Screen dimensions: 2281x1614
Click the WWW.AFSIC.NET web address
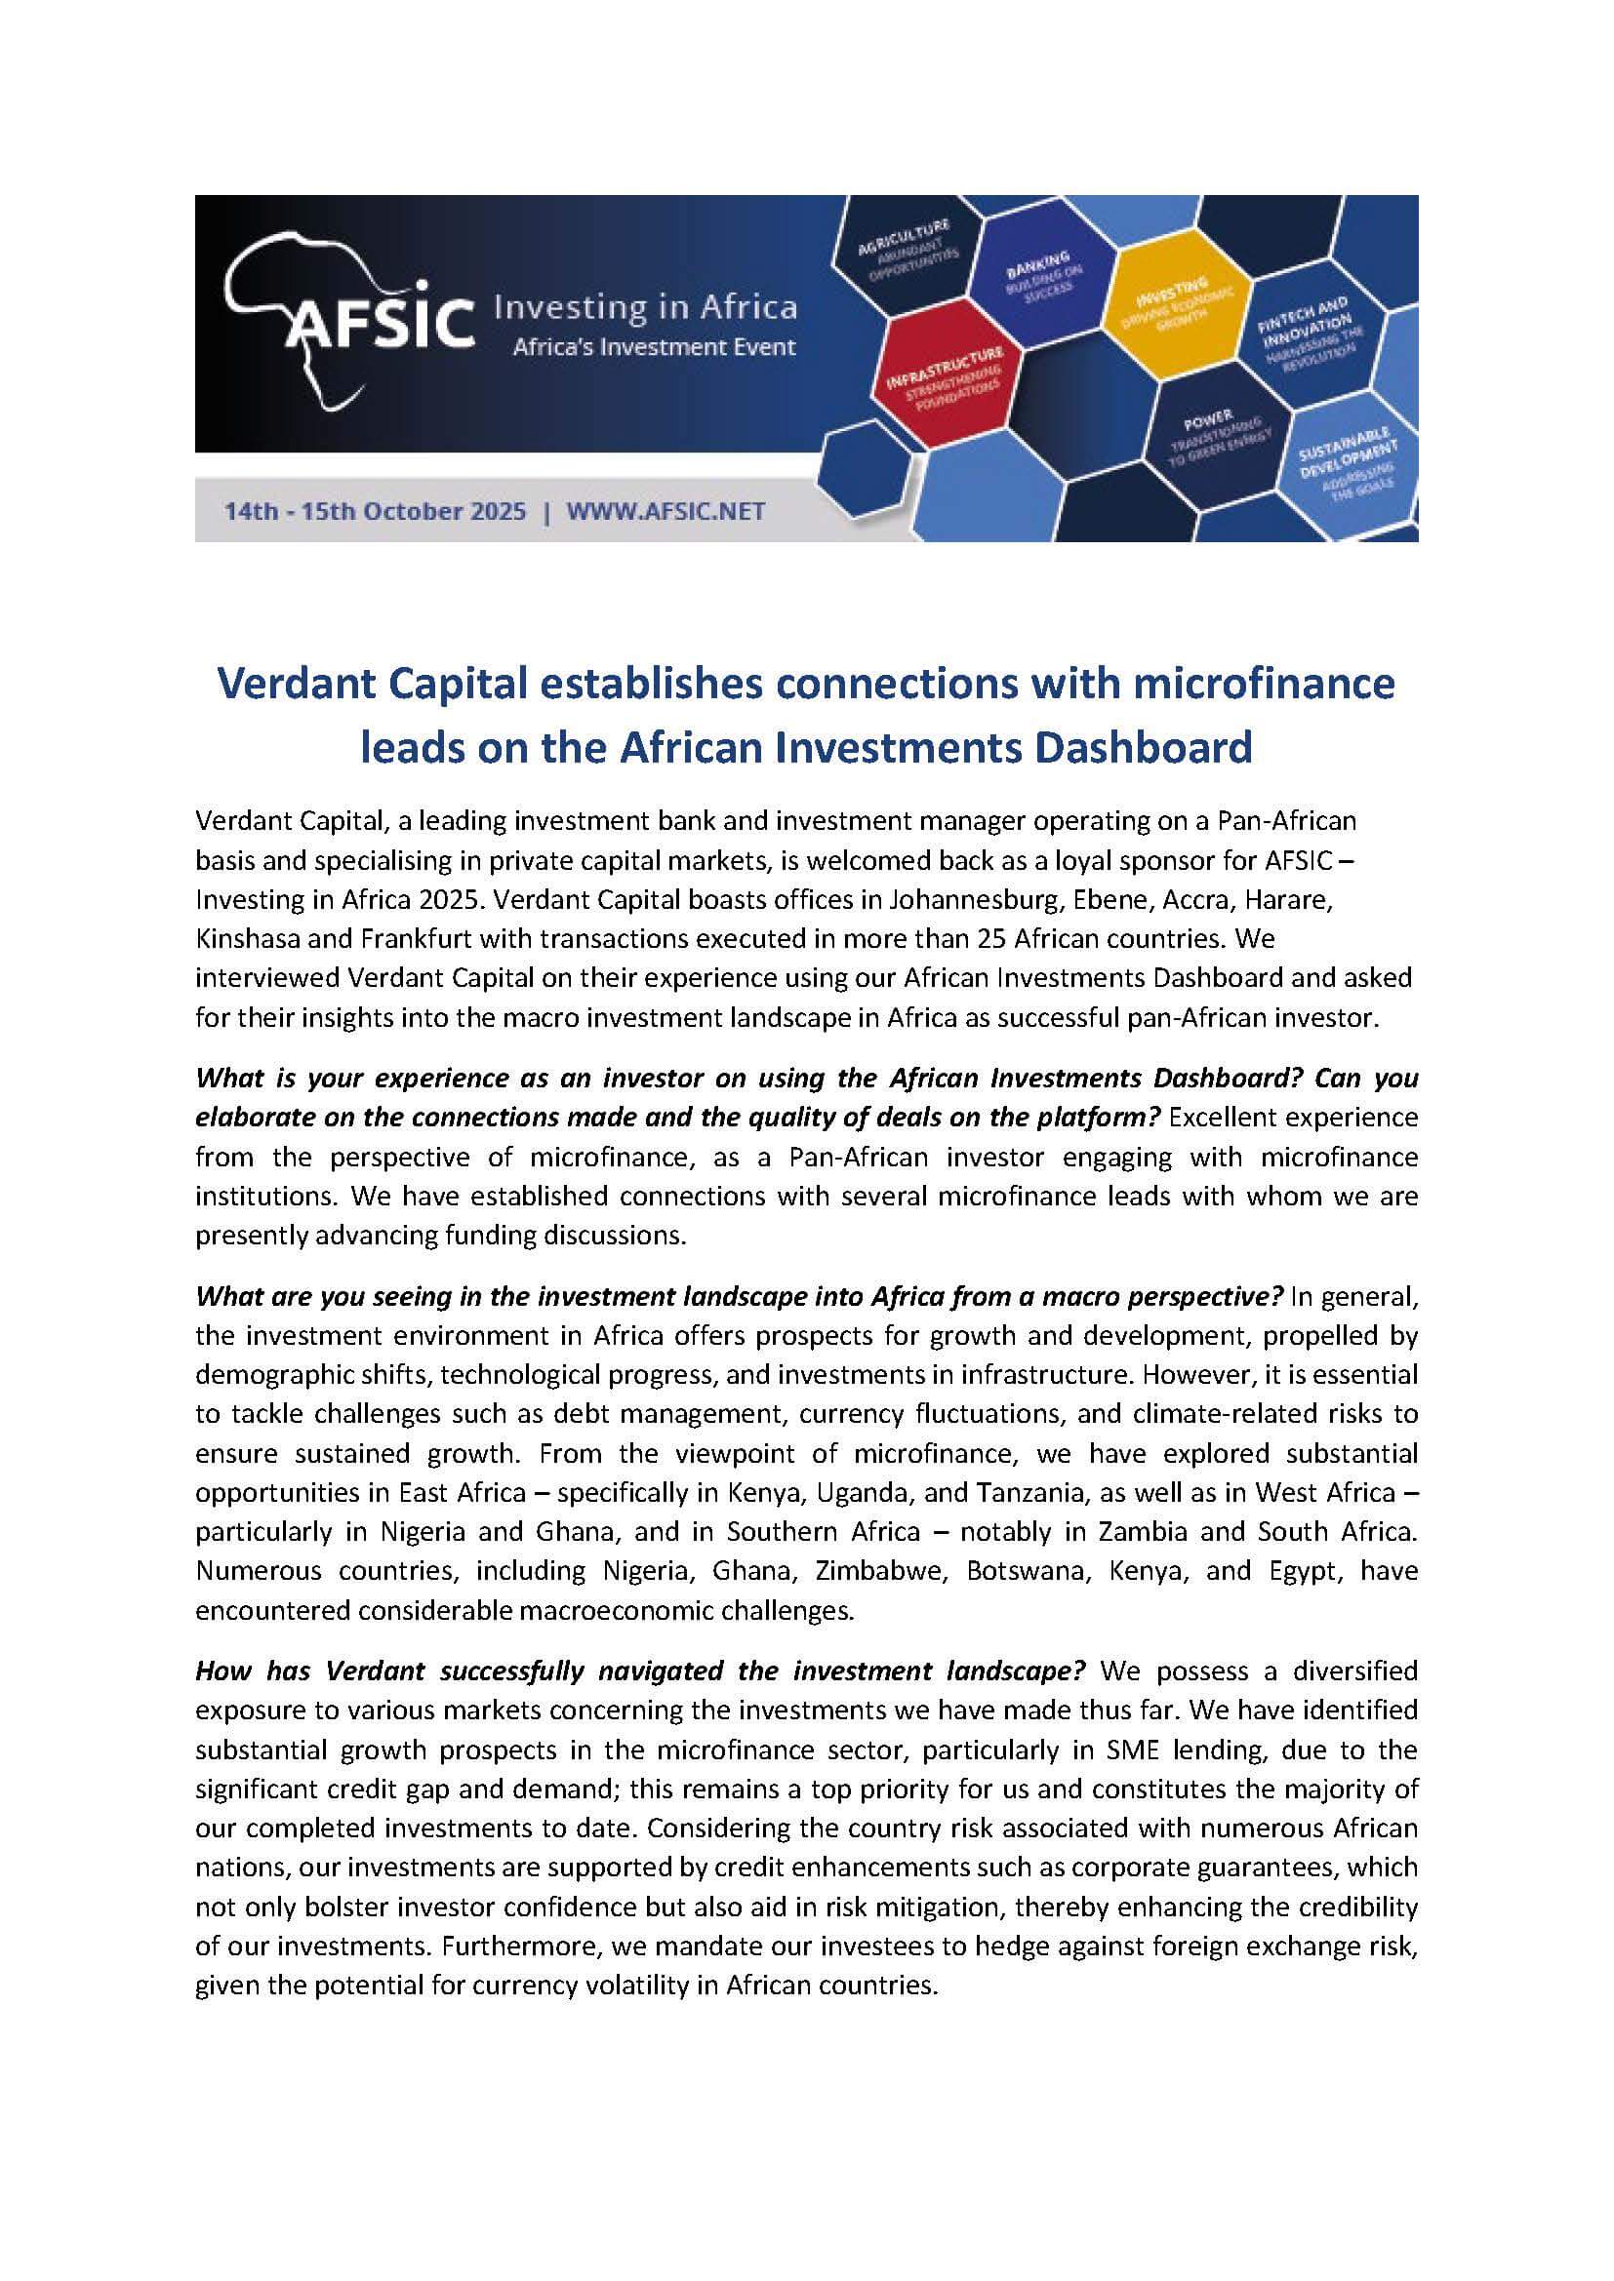(665, 512)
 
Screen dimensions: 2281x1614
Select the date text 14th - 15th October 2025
(375, 512)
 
